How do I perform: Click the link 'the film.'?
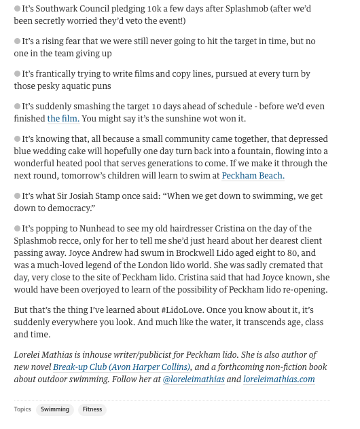(x=63, y=119)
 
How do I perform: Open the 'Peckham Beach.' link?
(x=253, y=176)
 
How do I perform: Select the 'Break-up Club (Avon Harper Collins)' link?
(x=122, y=367)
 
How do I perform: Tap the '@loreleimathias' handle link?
(x=194, y=379)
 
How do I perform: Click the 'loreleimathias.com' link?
(x=278, y=379)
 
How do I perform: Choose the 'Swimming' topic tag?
(x=55, y=409)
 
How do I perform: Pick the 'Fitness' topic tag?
(x=92, y=409)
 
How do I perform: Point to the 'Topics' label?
(x=22, y=409)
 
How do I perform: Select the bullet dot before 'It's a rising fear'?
(x=18, y=41)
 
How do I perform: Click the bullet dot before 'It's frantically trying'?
(x=18, y=74)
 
